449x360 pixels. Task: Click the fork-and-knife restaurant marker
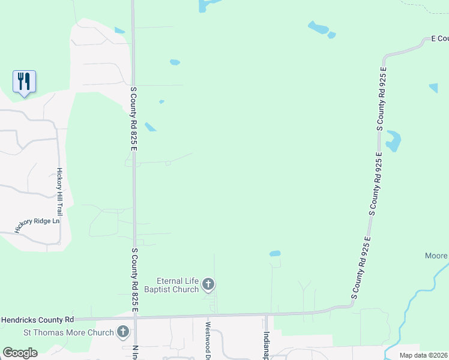pos(24,81)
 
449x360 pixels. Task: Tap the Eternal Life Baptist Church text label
pos(177,285)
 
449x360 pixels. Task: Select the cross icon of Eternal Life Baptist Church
pos(208,284)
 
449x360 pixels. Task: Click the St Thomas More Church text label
pos(68,332)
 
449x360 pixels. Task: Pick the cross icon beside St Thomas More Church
pos(123,331)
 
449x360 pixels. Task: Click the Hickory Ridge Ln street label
pos(38,225)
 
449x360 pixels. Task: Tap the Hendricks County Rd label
pos(37,320)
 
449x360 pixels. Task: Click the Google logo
pos(20,353)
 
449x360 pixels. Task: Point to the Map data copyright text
pos(424,355)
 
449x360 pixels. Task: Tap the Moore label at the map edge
pos(436,256)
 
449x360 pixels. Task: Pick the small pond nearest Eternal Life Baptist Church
pos(275,254)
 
